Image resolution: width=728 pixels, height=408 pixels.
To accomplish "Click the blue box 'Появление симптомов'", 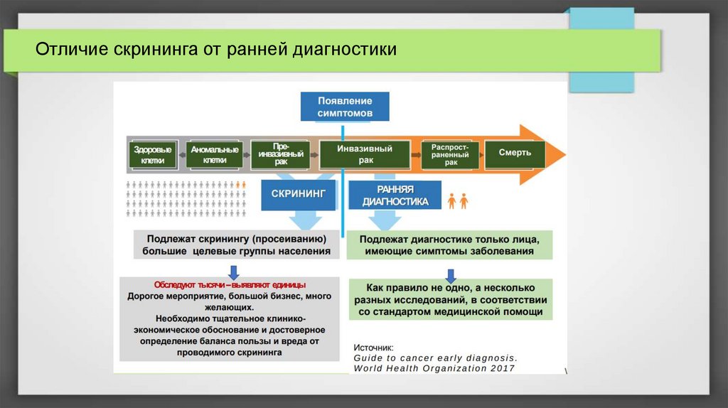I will pyautogui.click(x=345, y=107).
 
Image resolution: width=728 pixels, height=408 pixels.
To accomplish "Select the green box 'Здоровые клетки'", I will pyautogui.click(x=153, y=155).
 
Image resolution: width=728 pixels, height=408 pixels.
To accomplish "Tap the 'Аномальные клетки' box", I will pyautogui.click(x=215, y=155).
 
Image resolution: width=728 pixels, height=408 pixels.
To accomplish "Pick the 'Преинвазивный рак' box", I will pyautogui.click(x=280, y=154).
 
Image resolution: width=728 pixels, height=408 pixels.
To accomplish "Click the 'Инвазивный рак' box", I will pyautogui.click(x=365, y=154).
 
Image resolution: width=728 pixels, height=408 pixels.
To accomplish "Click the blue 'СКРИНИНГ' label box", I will pyautogui.click(x=299, y=194).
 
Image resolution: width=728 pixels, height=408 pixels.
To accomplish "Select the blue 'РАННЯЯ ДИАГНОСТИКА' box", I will pyautogui.click(x=395, y=195).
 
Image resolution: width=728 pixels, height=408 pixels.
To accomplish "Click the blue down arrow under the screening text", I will pyautogui.click(x=233, y=271).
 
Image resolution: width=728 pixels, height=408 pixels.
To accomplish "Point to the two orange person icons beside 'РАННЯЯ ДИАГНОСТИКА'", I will pyautogui.click(x=457, y=200).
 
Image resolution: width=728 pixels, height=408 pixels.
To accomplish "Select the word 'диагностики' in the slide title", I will pyautogui.click(x=346, y=51).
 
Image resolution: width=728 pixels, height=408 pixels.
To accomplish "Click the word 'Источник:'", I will pyautogui.click(x=373, y=348).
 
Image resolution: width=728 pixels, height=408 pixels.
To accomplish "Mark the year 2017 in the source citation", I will pyautogui.click(x=500, y=368).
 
